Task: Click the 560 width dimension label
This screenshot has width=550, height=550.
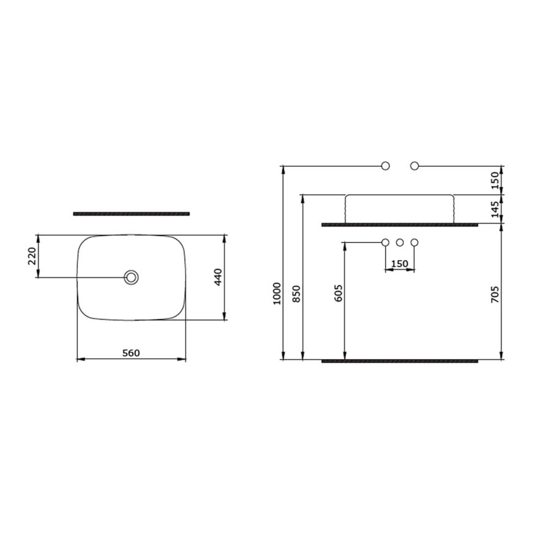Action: [131, 353]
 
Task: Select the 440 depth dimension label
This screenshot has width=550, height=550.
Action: [218, 277]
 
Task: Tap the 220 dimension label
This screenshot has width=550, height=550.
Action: [32, 256]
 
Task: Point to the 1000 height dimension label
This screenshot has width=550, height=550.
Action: [277, 293]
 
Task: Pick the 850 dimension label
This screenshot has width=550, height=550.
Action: [297, 294]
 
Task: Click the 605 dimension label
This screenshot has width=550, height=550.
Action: [339, 293]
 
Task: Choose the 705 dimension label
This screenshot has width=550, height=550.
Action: [494, 295]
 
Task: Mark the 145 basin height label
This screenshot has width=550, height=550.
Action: [494, 210]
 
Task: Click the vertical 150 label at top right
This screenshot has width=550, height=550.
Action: [494, 180]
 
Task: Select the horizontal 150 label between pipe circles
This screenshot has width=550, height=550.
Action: [400, 263]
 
